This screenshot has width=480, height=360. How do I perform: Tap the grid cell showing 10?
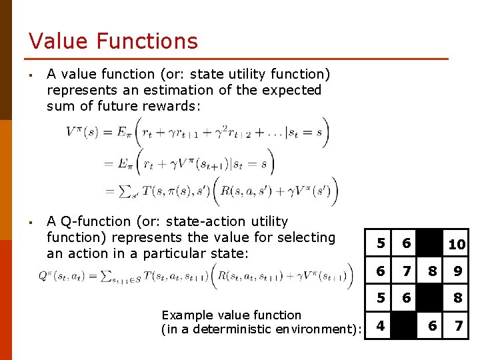tap(457, 245)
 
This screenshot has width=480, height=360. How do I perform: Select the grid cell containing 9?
tap(457, 272)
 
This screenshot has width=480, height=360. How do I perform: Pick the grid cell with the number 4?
tap(380, 327)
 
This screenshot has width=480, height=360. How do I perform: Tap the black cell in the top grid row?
tap(432, 245)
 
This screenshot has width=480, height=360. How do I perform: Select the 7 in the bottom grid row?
tap(457, 327)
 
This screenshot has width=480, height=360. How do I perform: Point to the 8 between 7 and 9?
tap(432, 272)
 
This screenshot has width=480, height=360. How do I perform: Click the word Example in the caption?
tap(187, 315)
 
